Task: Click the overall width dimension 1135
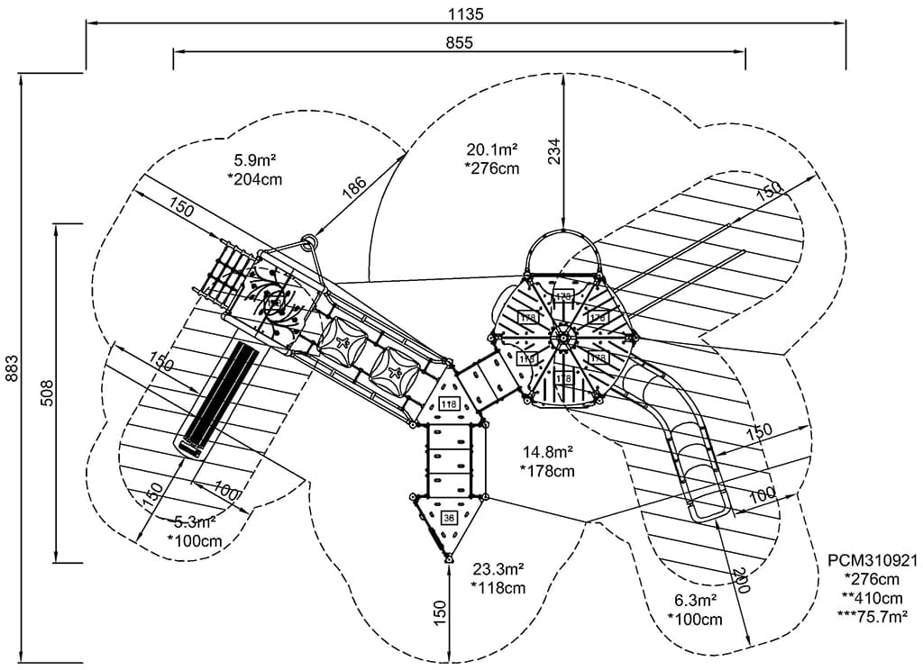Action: click(x=466, y=14)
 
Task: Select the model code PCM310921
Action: click(x=872, y=559)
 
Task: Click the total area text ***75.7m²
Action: click(x=872, y=616)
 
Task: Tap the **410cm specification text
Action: click(x=872, y=597)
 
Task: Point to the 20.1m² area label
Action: click(x=491, y=149)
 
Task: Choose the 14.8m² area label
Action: click(x=547, y=452)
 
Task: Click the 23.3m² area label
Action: click(x=498, y=568)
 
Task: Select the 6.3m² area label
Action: click(x=695, y=600)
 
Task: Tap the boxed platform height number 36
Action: click(x=449, y=517)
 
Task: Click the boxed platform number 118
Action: click(x=448, y=403)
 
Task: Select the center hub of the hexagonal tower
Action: click(x=562, y=337)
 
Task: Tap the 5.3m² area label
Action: click(x=195, y=521)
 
